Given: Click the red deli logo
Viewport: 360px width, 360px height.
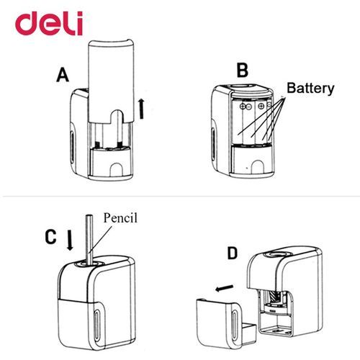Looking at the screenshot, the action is [x=49, y=24].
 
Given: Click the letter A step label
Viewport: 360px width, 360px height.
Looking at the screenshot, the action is [x=63, y=75].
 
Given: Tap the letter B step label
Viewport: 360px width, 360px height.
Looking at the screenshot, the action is [x=242, y=71].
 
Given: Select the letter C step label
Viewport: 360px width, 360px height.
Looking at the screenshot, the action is [x=50, y=237].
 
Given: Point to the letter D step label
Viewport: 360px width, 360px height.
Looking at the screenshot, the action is [x=232, y=253].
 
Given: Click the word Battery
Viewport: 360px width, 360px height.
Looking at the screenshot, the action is [x=310, y=89].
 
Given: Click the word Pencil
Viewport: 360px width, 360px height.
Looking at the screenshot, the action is [x=120, y=218].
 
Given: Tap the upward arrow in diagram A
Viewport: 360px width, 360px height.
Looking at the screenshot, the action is [x=142, y=109].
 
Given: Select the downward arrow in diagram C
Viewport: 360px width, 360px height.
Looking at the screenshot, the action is [x=70, y=240].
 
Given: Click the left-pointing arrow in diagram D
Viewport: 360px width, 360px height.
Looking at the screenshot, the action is [x=224, y=288].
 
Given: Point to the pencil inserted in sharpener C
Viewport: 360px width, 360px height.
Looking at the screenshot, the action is [x=90, y=239].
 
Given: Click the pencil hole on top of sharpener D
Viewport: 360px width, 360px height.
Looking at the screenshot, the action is [x=278, y=254].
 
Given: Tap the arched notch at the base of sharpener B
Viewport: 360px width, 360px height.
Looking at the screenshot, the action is [x=257, y=167].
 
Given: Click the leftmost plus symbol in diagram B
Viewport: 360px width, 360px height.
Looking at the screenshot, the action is [x=243, y=106].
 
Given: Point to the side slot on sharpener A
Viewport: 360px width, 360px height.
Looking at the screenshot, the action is [x=73, y=146].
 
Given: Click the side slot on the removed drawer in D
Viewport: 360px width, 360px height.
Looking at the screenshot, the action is [x=234, y=325].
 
